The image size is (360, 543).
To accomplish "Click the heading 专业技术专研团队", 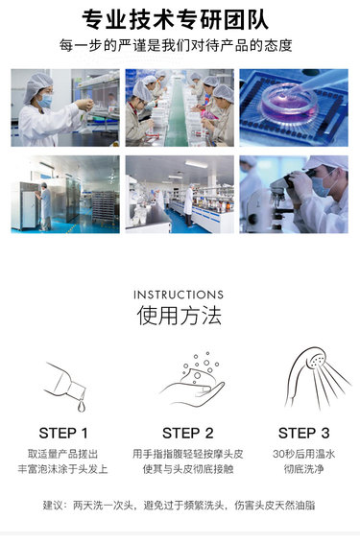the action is coord(176,19).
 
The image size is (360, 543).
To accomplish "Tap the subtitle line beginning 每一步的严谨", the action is coord(176,46).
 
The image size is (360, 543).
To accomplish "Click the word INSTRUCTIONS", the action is coord(179,295).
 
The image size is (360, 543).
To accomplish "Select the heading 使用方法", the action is coord(179,315).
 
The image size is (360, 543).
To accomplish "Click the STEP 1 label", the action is coord(63,434).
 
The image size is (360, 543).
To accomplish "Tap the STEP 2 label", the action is coord(188,434).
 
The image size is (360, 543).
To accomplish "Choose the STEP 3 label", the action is coord(303,434).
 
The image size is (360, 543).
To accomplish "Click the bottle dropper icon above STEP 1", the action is coord(66,386).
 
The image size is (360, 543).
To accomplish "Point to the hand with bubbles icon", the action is coord(192,380).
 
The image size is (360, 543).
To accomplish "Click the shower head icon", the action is coord(317,377).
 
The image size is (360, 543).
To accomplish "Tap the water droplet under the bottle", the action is coord(82,406).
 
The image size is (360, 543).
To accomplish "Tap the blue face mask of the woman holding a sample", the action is coord(44,101).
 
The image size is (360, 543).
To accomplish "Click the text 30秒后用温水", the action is coord(303,454).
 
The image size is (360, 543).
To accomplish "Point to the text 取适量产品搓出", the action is coord(63,454).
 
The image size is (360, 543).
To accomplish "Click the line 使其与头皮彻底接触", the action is coord(188,469).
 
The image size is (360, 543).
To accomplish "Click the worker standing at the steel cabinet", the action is coord(44,206).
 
